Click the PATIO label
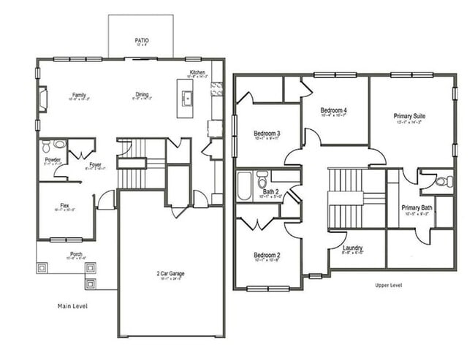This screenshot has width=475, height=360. point(141,40)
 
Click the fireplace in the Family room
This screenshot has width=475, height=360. point(42,99)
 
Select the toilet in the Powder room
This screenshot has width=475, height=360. point(47,145)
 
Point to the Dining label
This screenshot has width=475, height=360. point(142,94)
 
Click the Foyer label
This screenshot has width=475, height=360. point(95,164)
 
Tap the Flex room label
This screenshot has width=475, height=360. point(65,205)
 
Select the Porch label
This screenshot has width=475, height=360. point(76,255)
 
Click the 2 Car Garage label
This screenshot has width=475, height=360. point(170,274)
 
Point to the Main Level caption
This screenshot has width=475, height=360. point(72,306)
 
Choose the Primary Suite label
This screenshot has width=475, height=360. point(409,116)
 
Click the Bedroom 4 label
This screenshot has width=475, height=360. point(334,111)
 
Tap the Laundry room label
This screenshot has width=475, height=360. point(353,248)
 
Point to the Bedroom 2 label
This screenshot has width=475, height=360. point(267,255)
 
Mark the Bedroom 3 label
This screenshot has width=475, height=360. point(267,134)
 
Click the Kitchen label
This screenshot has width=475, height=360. point(197,72)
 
